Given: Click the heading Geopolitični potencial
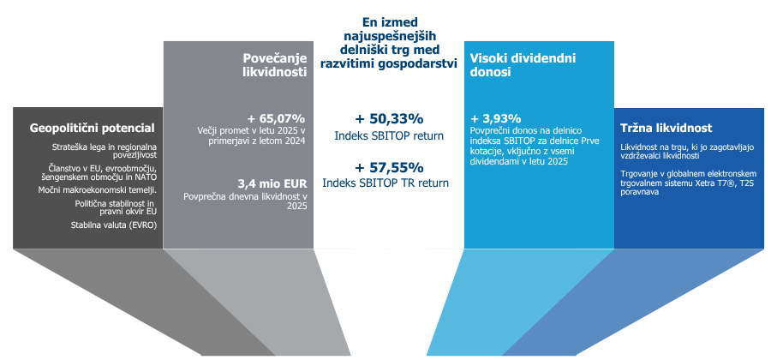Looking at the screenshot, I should click(92, 129).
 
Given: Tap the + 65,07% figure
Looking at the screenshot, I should click(276, 118).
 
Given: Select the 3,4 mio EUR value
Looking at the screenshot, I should click(271, 183).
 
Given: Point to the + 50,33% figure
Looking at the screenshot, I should click(389, 118).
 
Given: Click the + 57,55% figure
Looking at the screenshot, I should click(389, 167).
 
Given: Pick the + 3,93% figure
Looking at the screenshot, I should click(496, 118).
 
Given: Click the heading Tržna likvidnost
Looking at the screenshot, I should click(666, 129).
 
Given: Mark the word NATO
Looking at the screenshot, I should click(145, 177).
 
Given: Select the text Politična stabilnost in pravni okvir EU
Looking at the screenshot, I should click(116, 208).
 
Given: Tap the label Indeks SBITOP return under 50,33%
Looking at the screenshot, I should click(389, 135).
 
